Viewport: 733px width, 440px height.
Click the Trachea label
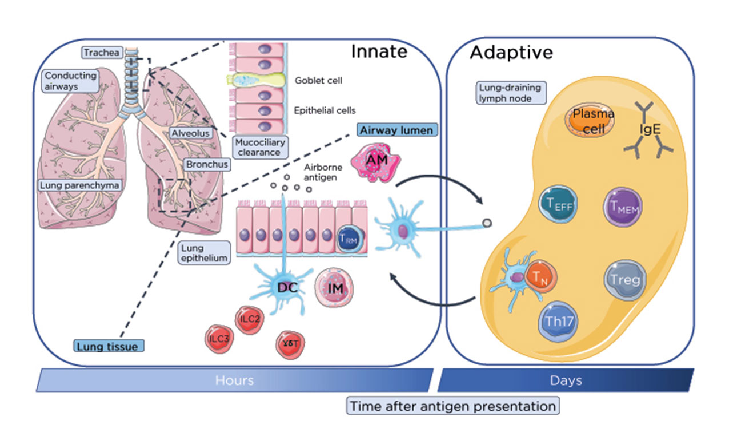(102, 53)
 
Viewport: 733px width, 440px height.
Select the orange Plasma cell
(590, 121)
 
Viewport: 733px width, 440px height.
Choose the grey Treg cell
(626, 280)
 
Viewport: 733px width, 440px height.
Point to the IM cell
(335, 288)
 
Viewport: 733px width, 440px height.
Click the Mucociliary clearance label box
(259, 147)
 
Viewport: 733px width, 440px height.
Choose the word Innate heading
(379, 52)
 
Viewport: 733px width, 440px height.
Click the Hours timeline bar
(234, 380)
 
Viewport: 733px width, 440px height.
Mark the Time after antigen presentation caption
(452, 406)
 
